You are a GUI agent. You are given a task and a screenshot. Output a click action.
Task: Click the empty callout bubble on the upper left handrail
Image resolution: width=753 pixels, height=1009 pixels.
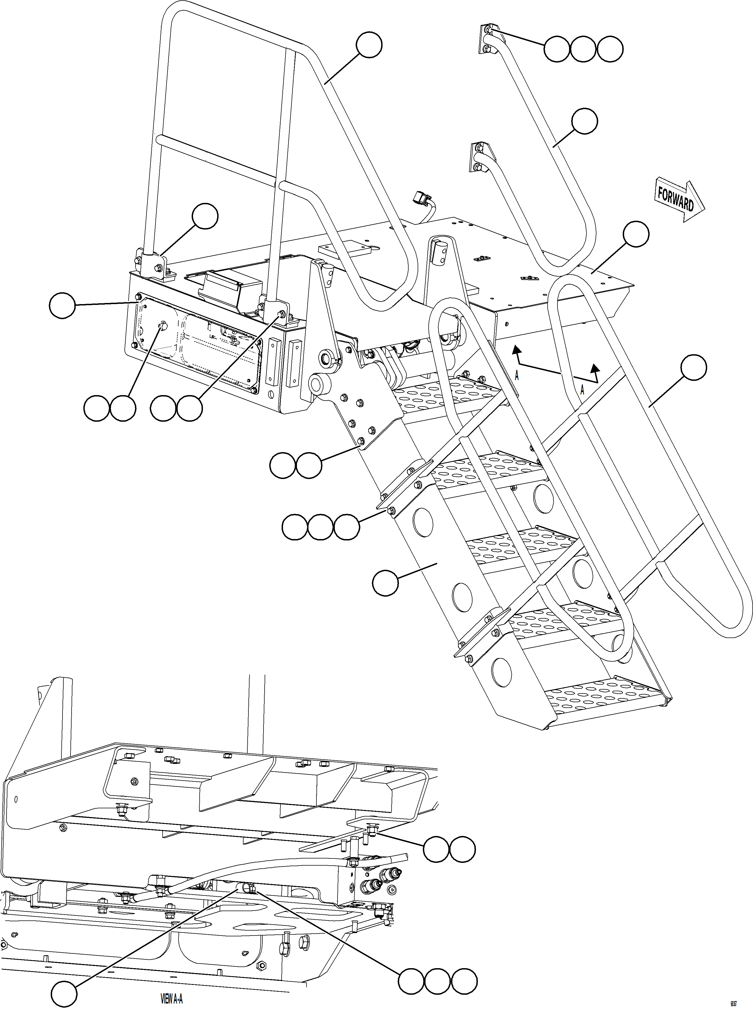tap(369, 45)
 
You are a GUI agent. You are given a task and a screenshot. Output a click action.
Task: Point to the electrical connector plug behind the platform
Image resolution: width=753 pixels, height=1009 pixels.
tap(419, 199)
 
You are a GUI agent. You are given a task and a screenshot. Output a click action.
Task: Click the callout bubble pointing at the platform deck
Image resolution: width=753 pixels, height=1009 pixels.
tap(636, 234)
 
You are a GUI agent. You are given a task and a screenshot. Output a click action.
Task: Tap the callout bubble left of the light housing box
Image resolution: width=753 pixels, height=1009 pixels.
tap(62, 306)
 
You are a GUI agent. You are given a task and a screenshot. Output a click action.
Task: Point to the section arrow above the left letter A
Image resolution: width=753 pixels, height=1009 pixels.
tap(516, 351)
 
